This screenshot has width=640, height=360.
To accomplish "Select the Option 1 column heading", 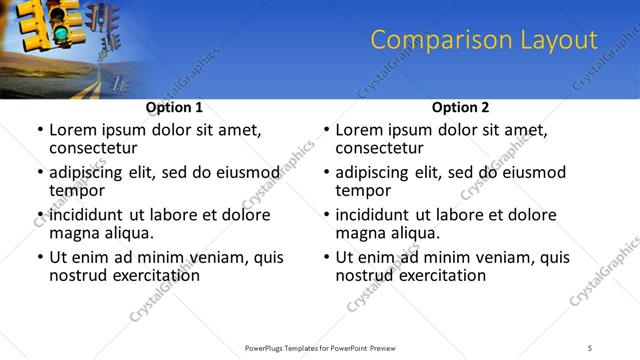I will pos(174,107).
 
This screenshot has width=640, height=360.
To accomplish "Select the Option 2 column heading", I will pos(460,107).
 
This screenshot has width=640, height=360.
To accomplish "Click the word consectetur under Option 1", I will pos(98,148).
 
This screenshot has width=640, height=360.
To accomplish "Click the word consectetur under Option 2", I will pos(384,148).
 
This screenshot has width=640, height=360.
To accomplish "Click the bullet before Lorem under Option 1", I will pos(39,131).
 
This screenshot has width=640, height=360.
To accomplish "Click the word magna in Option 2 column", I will pos(361,233).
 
